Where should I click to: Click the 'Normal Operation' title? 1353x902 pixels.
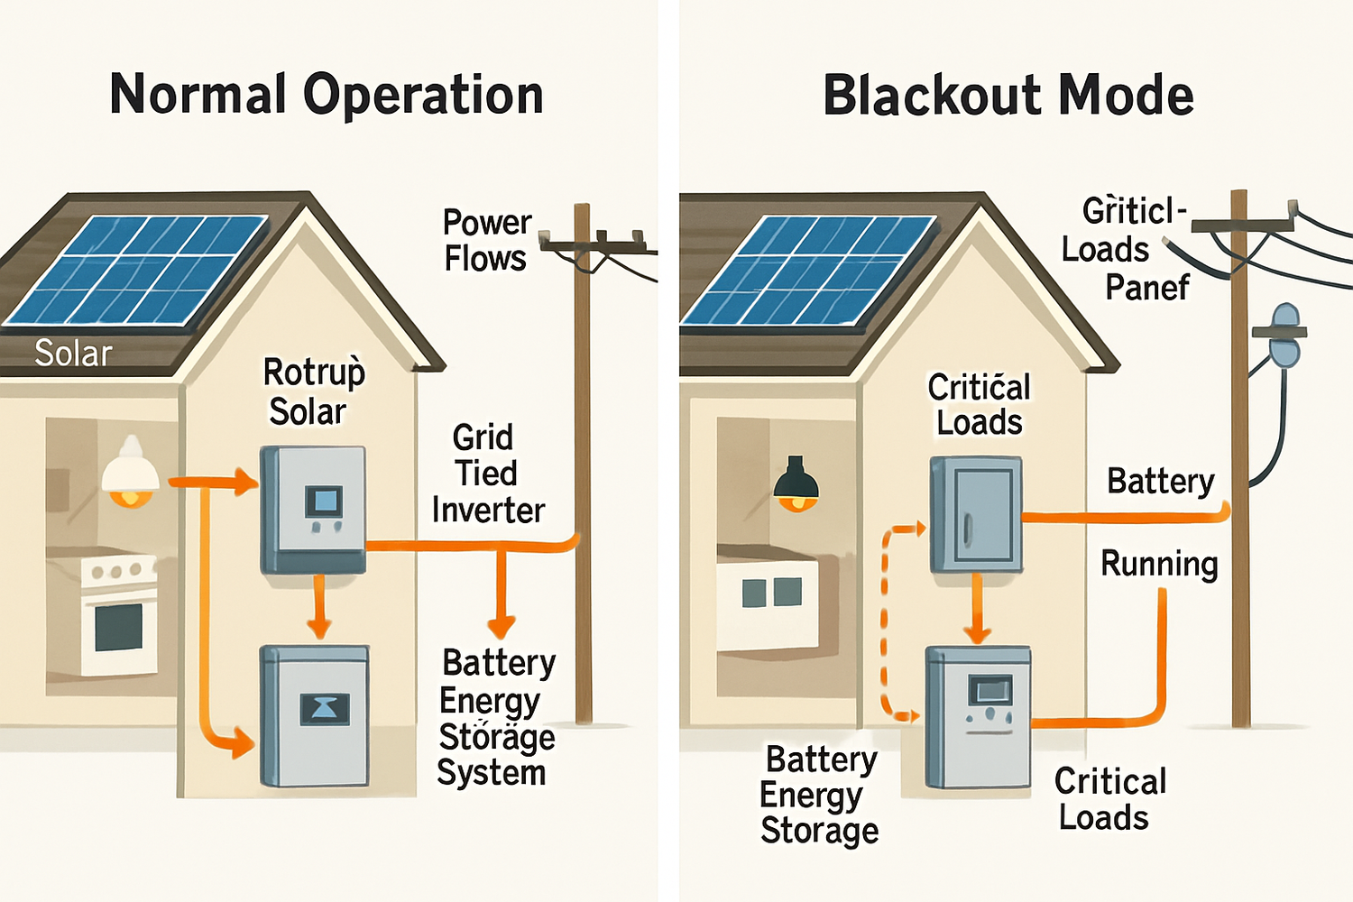[327, 96]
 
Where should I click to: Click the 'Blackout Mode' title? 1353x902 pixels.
[1008, 96]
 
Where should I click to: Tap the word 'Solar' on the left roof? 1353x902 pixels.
[73, 353]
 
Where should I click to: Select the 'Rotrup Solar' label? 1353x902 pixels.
[311, 391]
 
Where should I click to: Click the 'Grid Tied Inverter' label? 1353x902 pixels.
[487, 474]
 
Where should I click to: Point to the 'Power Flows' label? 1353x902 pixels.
[486, 241]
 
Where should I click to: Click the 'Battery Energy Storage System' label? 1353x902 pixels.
[496, 718]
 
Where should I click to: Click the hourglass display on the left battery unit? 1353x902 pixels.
[324, 709]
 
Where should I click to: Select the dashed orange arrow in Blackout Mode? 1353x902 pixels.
[886, 622]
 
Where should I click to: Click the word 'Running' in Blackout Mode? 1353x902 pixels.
[1159, 564]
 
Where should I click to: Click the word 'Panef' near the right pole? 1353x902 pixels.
[1146, 288]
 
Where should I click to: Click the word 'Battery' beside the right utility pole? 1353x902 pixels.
[1160, 481]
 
